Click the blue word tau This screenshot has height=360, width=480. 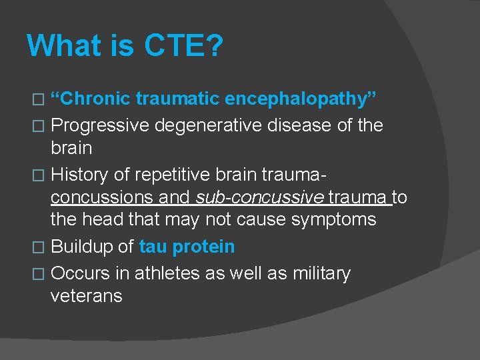click(153, 247)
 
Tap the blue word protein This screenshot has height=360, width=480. click(203, 247)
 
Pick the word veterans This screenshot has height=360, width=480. click(87, 296)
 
